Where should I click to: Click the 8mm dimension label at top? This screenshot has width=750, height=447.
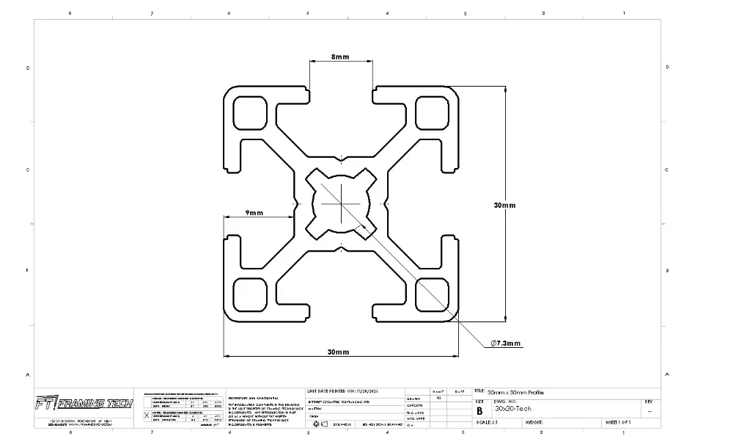tap(340, 57)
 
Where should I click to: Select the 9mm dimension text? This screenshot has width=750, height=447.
tap(254, 213)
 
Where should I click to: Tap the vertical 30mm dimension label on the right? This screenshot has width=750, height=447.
tap(504, 206)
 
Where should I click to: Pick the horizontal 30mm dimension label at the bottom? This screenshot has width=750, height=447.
tap(338, 352)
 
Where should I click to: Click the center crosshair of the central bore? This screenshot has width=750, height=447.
tap(341, 203)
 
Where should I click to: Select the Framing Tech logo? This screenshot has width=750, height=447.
tap(84, 404)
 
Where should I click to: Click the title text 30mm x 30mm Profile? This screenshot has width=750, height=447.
tap(515, 393)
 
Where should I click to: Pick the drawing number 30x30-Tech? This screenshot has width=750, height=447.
tap(513, 409)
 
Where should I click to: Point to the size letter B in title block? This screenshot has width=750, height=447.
tap(479, 411)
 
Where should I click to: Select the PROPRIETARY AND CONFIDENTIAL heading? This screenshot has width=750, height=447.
tap(253, 398)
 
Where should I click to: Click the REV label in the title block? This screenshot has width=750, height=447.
tap(648, 401)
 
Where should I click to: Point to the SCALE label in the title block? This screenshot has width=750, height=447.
tap(484, 422)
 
